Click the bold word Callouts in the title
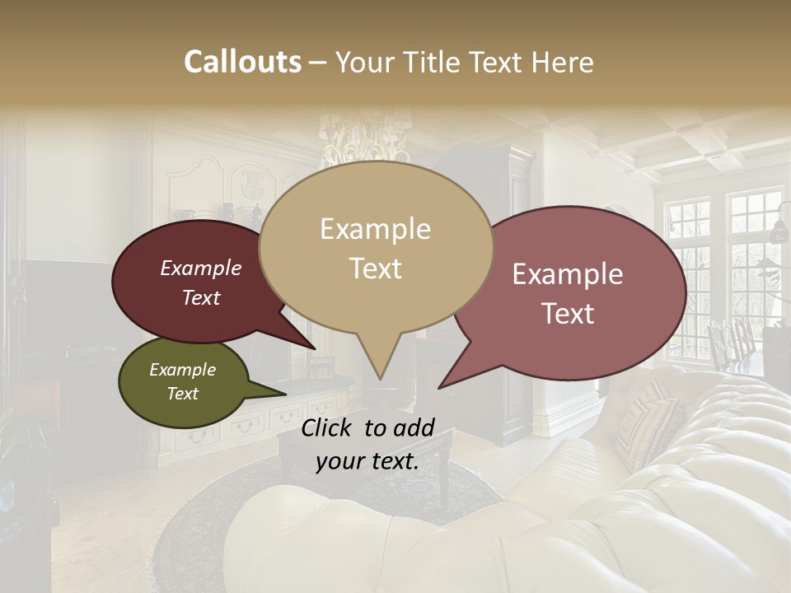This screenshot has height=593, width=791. (242, 62)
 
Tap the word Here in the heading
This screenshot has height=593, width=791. (562, 62)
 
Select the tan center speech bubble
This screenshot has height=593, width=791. (376, 247)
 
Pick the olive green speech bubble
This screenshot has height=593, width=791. (183, 382)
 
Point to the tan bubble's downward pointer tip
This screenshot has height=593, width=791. (381, 380)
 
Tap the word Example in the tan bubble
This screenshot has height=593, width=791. (376, 229)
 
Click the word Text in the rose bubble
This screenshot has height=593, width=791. (569, 314)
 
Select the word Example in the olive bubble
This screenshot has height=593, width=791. (183, 370)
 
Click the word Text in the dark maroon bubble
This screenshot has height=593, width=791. (201, 297)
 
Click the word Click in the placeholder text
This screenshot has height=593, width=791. (329, 427)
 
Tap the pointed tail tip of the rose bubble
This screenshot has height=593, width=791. (439, 387)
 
